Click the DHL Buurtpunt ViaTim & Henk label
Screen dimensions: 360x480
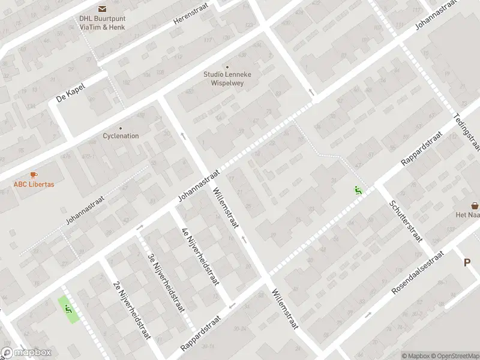click(x=103, y=22)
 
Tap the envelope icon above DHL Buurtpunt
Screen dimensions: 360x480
click(x=103, y=8)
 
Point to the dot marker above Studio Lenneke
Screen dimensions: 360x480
click(x=227, y=67)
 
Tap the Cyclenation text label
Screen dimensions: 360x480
click(x=121, y=136)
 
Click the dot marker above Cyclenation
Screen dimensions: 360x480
click(x=121, y=127)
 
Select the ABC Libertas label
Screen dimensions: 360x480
click(x=34, y=184)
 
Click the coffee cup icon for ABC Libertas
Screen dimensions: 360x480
click(x=34, y=175)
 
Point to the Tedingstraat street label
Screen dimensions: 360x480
click(x=468, y=131)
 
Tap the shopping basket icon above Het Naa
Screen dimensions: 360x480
click(x=475, y=205)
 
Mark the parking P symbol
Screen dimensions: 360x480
click(x=467, y=262)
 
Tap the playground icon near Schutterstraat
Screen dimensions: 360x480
click(x=358, y=191)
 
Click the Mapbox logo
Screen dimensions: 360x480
click(x=26, y=353)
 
